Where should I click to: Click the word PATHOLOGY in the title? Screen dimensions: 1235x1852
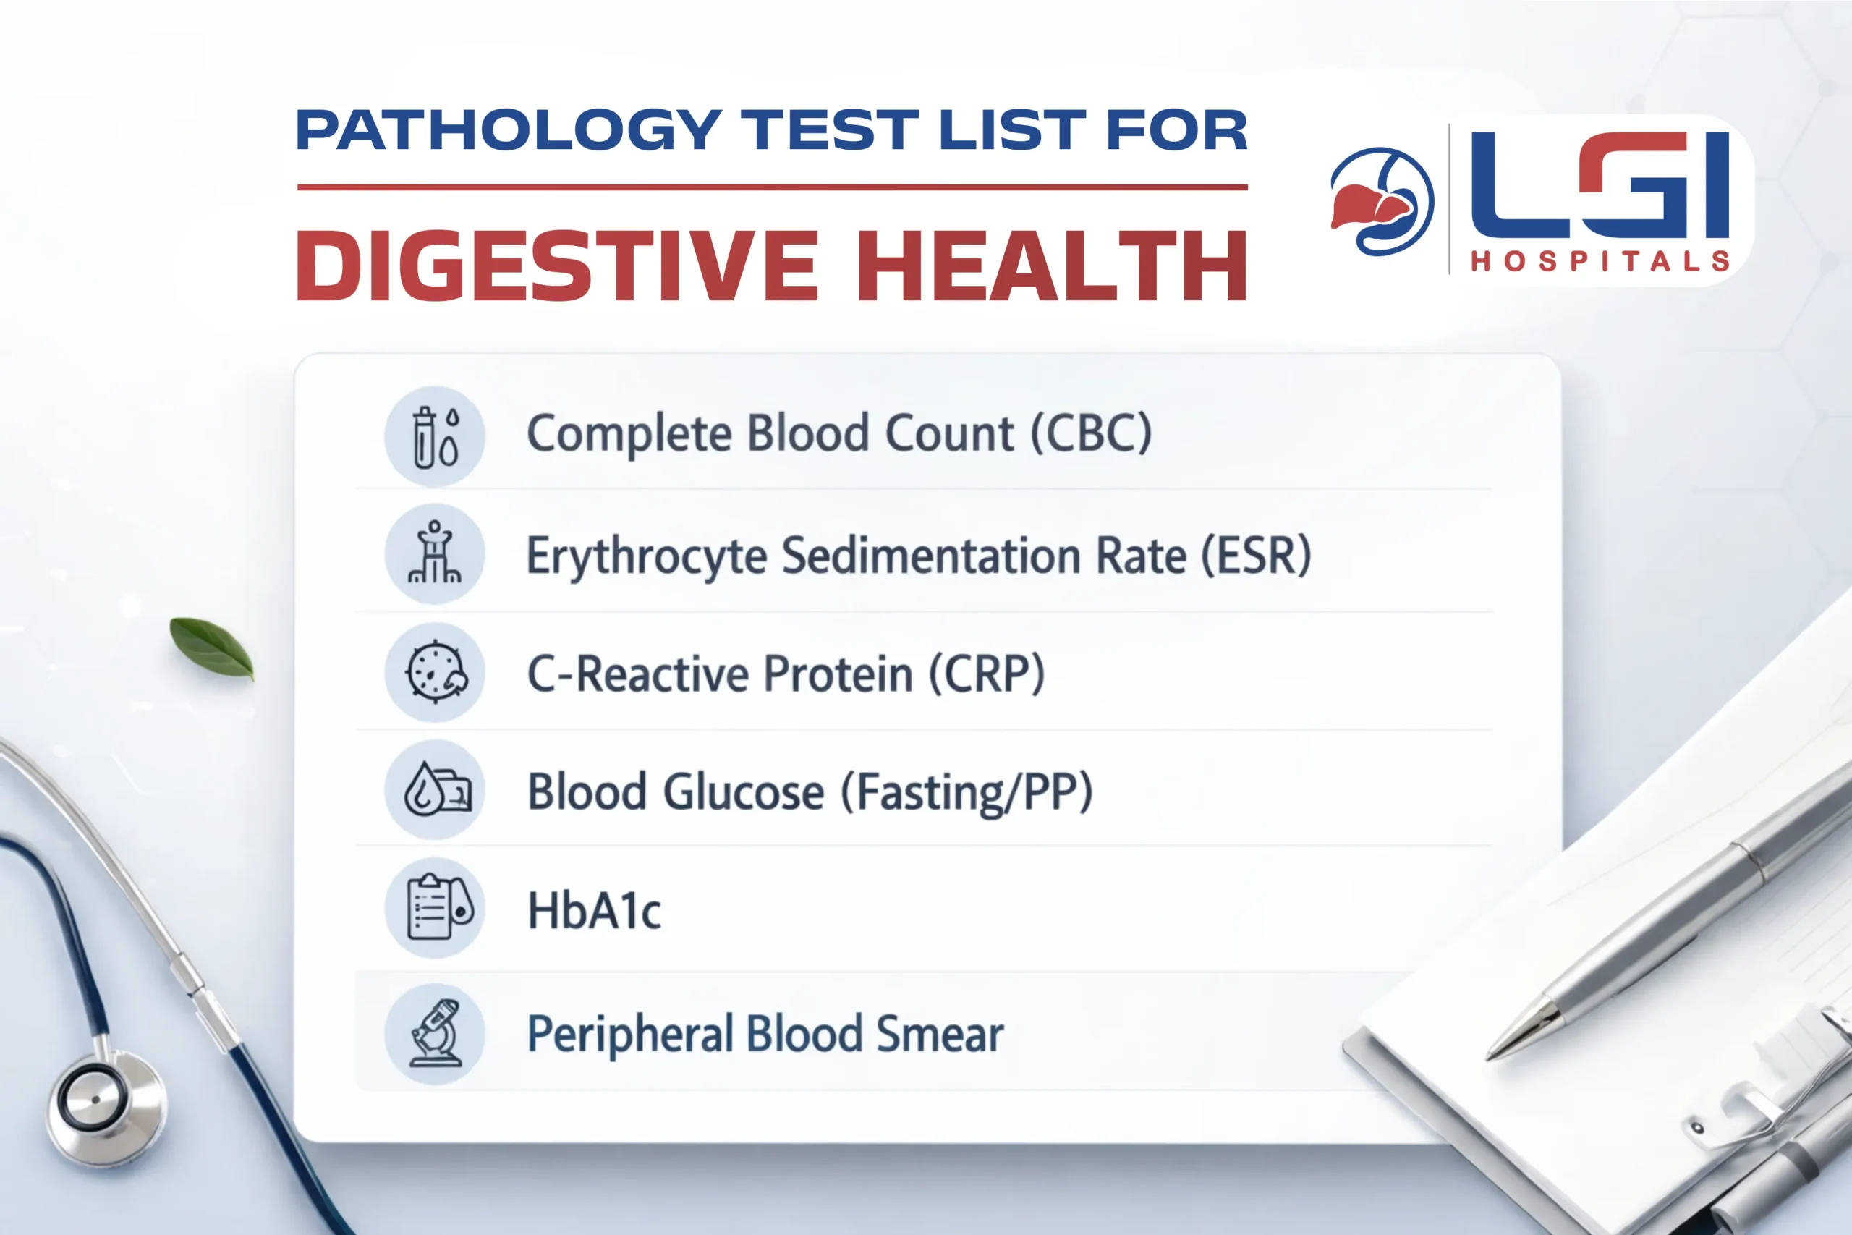pos(509,130)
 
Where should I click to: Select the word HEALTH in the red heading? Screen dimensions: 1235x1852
pos(1051,266)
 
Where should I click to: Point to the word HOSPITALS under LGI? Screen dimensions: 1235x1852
pos(1600,261)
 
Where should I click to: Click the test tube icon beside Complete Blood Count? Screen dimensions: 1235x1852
pos(435,436)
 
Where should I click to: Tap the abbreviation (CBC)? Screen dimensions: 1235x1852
pos(1092,433)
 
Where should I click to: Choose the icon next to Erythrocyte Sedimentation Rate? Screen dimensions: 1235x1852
pos(435,553)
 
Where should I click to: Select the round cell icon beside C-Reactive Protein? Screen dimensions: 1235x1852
pos(435,672)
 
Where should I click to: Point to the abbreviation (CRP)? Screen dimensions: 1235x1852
pos(987,674)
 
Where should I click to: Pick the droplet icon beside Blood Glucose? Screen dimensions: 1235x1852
pos(435,789)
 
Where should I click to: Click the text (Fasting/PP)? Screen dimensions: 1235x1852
pos(967,792)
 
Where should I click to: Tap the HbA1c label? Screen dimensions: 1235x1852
pos(595,912)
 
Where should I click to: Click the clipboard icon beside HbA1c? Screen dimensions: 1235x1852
pos(435,907)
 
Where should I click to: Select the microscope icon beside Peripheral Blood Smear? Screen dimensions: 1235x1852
pos(435,1033)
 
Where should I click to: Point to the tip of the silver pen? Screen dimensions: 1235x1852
pos(1490,1056)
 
